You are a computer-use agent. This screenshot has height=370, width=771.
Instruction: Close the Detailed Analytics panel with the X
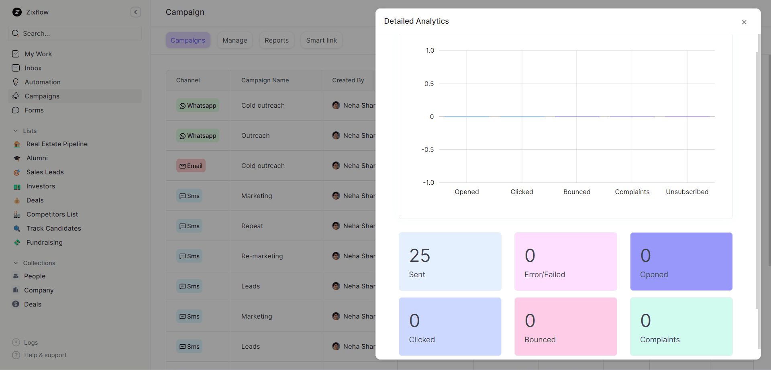744,22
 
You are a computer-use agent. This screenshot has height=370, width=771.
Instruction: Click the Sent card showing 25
450,261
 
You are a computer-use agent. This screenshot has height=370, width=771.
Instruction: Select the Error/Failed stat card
565,261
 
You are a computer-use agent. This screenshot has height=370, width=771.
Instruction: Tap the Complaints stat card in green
681,326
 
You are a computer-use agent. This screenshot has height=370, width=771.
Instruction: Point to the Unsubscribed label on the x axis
687,192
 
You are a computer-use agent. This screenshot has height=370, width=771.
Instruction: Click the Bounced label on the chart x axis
577,192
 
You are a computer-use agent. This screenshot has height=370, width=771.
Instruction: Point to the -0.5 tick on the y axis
428,149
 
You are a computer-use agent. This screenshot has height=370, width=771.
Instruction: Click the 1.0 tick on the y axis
430,51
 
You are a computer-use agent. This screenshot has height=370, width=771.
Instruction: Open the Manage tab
235,41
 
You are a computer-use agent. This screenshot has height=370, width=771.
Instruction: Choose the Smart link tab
321,41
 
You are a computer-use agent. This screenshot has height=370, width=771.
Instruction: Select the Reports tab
277,41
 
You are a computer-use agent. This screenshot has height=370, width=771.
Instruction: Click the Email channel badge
191,166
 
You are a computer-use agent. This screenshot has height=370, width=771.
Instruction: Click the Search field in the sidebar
75,33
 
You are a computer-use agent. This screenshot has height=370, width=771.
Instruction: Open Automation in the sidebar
43,82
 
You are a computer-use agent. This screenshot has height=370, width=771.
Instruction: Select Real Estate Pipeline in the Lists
57,144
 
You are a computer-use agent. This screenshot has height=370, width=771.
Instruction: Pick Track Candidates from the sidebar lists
53,228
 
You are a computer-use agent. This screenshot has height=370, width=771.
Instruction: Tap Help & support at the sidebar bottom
45,355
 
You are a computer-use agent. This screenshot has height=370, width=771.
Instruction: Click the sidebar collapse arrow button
136,12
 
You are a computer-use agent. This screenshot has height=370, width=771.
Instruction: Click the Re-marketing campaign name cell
262,256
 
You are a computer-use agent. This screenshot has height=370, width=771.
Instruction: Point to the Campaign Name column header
265,80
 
